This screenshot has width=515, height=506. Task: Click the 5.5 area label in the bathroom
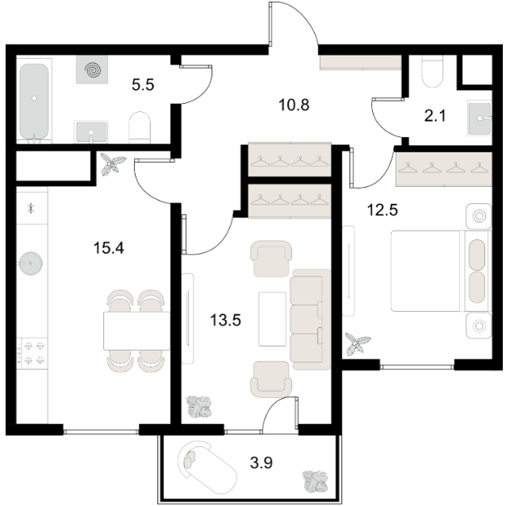pyautogui.click(x=143, y=85)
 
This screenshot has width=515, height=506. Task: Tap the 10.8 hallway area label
pyautogui.click(x=294, y=106)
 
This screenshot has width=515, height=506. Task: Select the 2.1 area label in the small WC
pyautogui.click(x=435, y=116)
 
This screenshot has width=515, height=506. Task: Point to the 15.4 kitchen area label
pyautogui.click(x=109, y=248)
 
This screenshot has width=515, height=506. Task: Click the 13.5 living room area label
pyautogui.click(x=226, y=320)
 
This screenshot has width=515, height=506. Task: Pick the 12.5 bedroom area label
pyautogui.click(x=383, y=209)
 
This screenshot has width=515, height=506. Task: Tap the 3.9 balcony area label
pyautogui.click(x=262, y=463)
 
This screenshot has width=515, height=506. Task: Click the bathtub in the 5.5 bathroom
pyautogui.click(x=34, y=101)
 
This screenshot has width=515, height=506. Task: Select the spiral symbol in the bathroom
pyautogui.click(x=92, y=69)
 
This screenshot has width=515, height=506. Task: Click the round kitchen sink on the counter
pyautogui.click(x=31, y=263)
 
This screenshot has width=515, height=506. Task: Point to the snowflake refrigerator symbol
pyautogui.click(x=31, y=208)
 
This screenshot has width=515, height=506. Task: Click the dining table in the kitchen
pyautogui.click(x=136, y=331)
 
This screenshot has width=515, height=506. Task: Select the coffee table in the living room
pyautogui.click(x=272, y=319)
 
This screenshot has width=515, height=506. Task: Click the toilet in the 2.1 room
pyautogui.click(x=432, y=72)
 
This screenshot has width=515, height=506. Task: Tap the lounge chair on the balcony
pyautogui.click(x=207, y=467)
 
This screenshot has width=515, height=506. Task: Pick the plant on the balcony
pyautogui.click(x=316, y=481)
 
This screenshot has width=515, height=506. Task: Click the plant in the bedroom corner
pyautogui.click(x=358, y=344)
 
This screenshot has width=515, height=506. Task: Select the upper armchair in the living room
pyautogui.click(x=271, y=259)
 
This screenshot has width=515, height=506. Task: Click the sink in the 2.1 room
pyautogui.click(x=479, y=118)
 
